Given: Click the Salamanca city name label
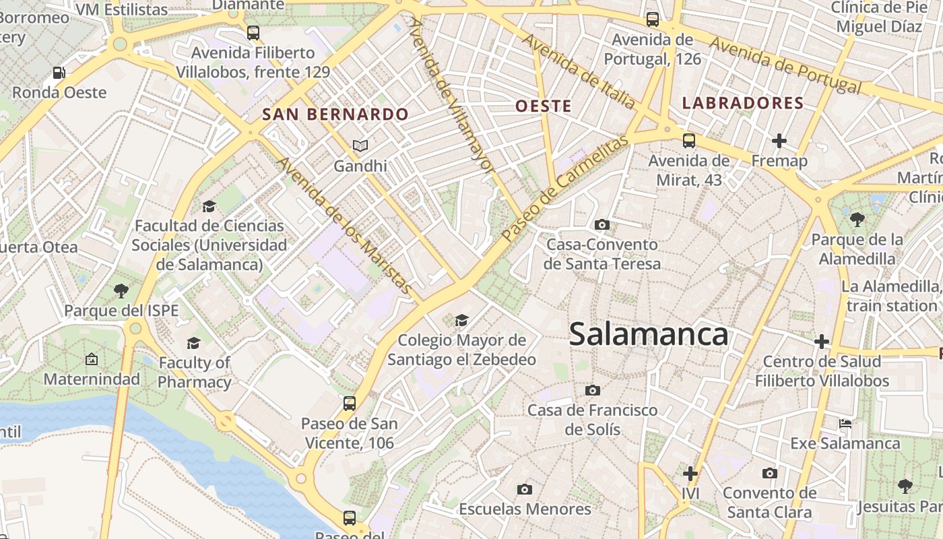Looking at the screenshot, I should [648, 334].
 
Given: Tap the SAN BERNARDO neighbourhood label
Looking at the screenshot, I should [335, 115].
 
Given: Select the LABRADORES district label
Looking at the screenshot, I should [743, 103].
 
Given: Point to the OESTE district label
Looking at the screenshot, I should [543, 106].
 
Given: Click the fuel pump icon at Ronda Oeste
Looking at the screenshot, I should [59, 73].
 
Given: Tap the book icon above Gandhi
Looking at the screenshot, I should [360, 146].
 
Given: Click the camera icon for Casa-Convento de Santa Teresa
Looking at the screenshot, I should [602, 224].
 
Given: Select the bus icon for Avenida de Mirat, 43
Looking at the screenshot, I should [688, 141].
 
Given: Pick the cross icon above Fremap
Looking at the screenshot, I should [779, 141].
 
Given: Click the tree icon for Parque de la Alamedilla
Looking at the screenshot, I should [857, 219].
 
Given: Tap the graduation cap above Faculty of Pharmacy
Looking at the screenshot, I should [194, 343].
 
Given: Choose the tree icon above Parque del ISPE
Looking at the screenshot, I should [121, 291].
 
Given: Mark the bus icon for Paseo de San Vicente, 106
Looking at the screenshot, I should [349, 404].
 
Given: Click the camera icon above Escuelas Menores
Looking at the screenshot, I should [525, 489].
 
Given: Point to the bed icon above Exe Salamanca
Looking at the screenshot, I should [845, 424].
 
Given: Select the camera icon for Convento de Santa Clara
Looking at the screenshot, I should [769, 473].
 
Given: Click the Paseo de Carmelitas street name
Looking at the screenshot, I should [565, 188].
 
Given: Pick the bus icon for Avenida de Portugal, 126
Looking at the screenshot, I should [652, 20].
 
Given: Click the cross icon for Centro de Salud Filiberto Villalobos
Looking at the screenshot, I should [821, 342].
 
